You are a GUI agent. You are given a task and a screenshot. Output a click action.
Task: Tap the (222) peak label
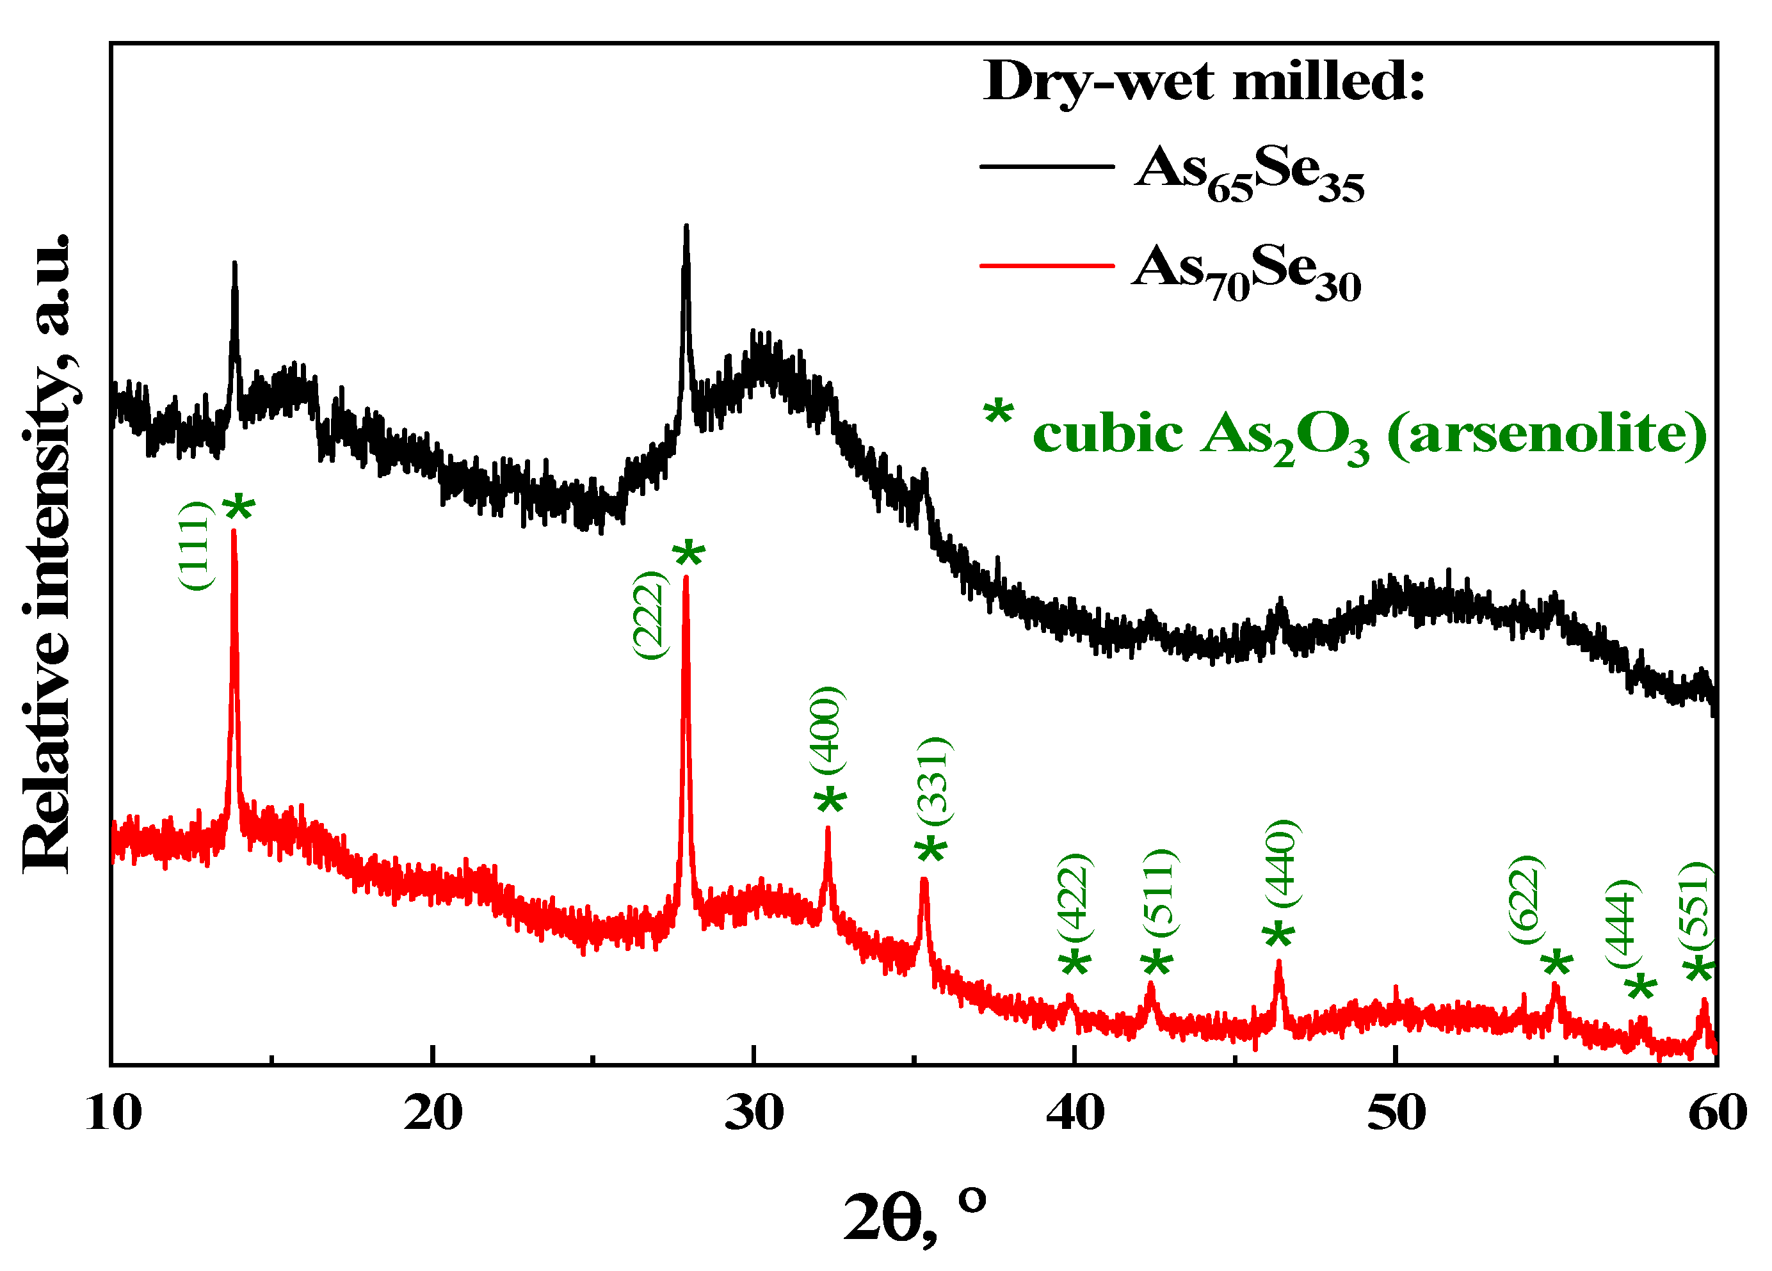point(649,615)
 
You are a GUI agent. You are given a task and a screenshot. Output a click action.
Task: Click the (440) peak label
point(1282,863)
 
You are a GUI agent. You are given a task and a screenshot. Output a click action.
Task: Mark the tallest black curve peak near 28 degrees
point(686,227)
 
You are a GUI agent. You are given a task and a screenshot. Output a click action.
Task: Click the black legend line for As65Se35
point(1047,166)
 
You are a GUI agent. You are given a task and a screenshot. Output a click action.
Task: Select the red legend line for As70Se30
point(1047,266)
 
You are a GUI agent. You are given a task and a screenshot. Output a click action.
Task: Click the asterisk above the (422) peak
point(1075,963)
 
